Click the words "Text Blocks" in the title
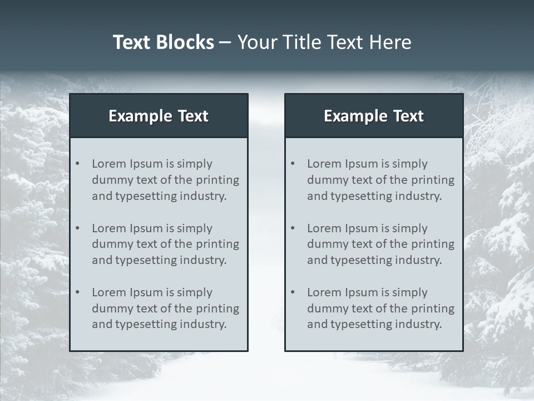pyautogui.click(x=163, y=42)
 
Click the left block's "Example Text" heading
pyautogui.click(x=159, y=116)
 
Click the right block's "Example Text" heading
pyautogui.click(x=374, y=116)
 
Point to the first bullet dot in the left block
pyautogui.click(x=77, y=164)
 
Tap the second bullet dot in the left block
pyautogui.click(x=77, y=228)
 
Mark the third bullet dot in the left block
pyautogui.click(x=77, y=292)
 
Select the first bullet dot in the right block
pyautogui.click(x=293, y=164)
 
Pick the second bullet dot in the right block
pyautogui.click(x=293, y=228)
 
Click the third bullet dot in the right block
pyautogui.click(x=293, y=292)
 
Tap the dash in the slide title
pyautogui.click(x=225, y=42)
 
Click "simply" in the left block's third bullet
pyautogui.click(x=195, y=292)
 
